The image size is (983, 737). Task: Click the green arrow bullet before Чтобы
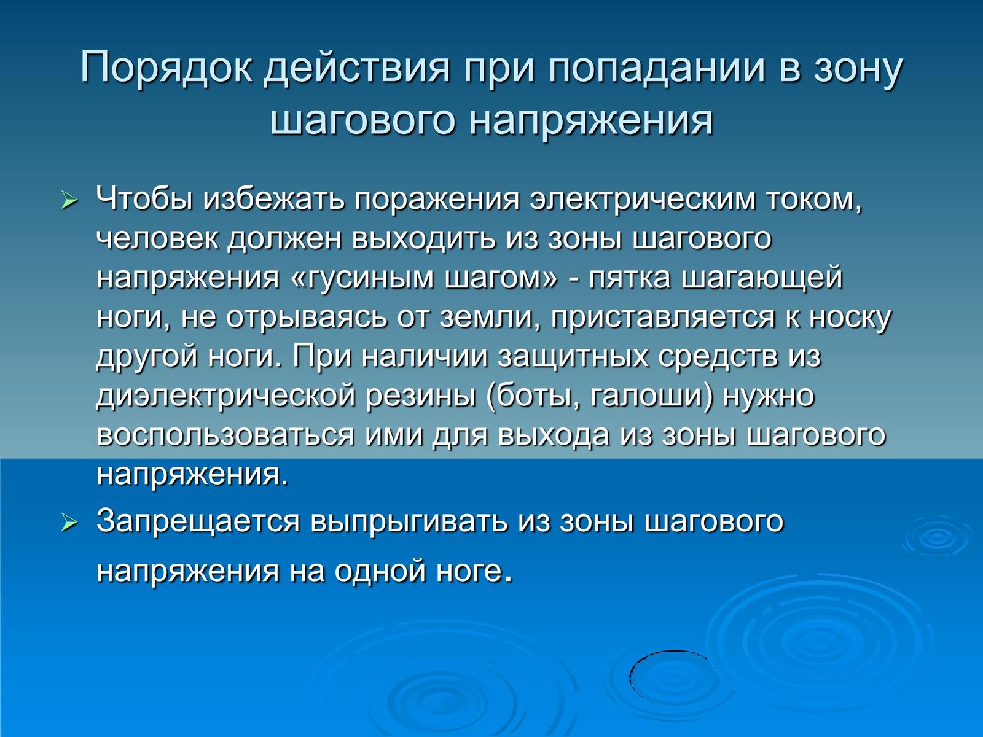pos(69,201)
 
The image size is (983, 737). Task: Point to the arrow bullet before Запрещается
pos(69,523)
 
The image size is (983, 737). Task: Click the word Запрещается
pos(197,523)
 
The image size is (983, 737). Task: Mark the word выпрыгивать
pos(409,523)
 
